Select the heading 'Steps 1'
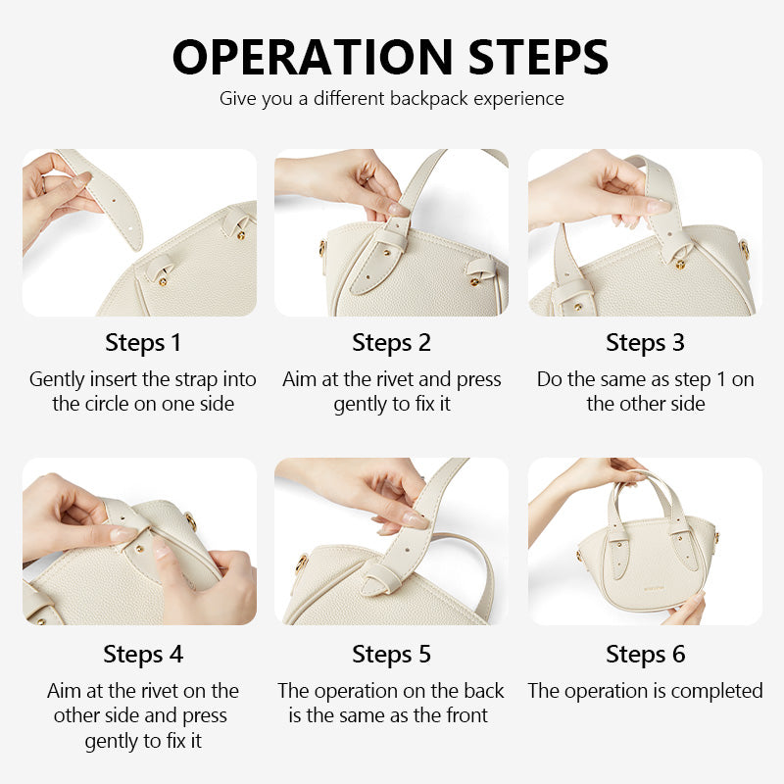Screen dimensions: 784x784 click(143, 343)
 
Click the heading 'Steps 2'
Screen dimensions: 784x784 click(391, 343)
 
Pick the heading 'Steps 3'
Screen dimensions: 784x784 click(645, 343)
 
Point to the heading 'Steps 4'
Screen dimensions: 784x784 click(143, 654)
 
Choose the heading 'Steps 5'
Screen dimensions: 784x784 click(391, 654)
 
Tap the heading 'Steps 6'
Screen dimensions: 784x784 click(645, 654)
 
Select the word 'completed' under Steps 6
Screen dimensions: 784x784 click(715, 691)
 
